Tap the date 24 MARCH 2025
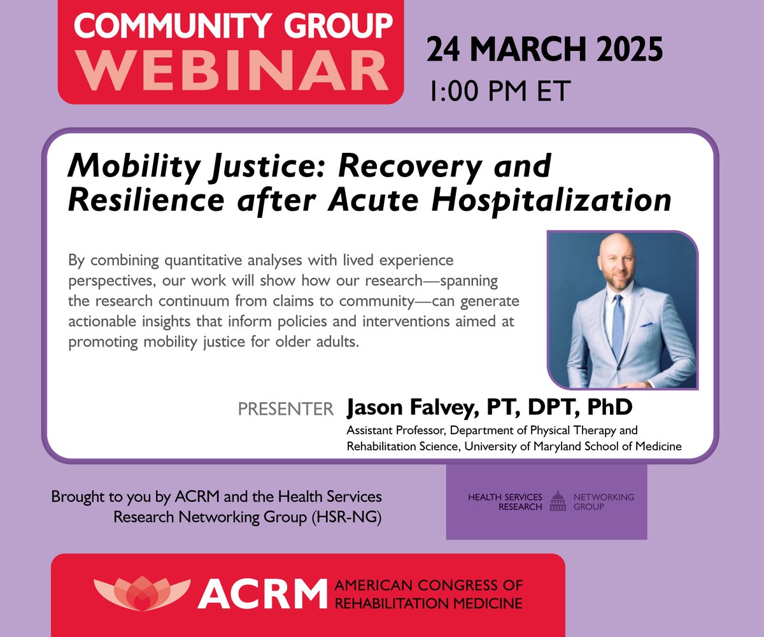click(544, 49)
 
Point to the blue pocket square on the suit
click(647, 326)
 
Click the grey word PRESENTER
click(286, 410)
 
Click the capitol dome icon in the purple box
click(558, 501)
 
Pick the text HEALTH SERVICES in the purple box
click(506, 497)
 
